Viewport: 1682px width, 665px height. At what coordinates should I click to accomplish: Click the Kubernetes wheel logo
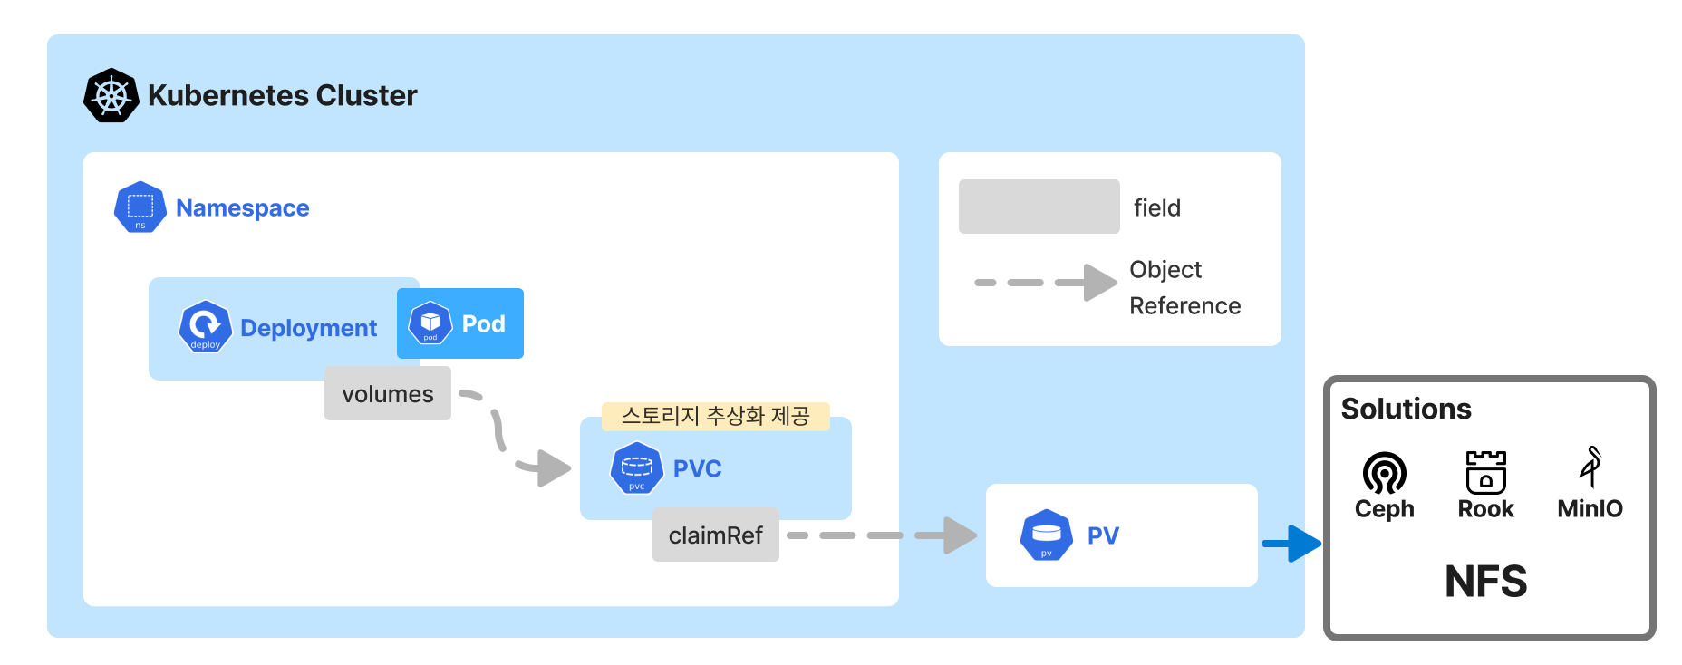[x=111, y=95]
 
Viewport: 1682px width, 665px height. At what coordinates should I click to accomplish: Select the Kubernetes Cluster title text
[x=282, y=95]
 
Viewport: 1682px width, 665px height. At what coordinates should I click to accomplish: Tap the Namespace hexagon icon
[x=140, y=207]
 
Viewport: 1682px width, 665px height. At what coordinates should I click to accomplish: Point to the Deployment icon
[x=206, y=326]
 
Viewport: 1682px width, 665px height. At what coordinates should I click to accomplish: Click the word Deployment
[x=308, y=328]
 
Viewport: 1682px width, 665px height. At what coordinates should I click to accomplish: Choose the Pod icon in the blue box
[x=430, y=323]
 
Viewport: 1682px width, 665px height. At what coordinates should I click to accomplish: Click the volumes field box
[x=388, y=393]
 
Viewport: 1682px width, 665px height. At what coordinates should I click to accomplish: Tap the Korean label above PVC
[x=715, y=416]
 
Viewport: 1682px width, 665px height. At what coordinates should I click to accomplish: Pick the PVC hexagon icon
[x=637, y=468]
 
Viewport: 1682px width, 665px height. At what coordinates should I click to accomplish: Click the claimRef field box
[x=716, y=535]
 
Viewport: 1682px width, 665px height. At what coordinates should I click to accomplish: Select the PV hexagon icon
[x=1047, y=535]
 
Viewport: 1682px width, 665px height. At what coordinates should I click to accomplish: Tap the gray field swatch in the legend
[x=1039, y=207]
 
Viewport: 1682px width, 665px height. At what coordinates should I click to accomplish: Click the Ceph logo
[x=1384, y=472]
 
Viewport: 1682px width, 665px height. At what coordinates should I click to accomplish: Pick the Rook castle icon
[x=1486, y=472]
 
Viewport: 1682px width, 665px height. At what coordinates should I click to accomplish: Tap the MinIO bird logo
[x=1590, y=467]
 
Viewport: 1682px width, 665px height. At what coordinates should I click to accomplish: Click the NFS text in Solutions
[x=1486, y=582]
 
